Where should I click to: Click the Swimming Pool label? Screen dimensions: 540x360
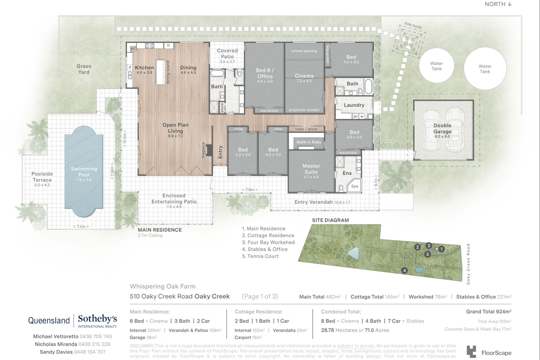point(84,172)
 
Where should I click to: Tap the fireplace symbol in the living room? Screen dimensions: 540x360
point(209,150)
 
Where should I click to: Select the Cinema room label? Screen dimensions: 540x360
point(304,76)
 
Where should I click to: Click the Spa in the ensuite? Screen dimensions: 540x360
point(354,186)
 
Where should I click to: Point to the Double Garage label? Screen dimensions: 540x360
point(442,129)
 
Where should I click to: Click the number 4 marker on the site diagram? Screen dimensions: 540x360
point(404,271)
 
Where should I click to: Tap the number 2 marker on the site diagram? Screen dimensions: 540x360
point(418,247)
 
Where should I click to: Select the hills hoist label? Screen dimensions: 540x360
point(413,25)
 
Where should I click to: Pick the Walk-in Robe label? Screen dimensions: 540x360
point(309,142)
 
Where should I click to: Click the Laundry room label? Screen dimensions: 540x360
point(354,105)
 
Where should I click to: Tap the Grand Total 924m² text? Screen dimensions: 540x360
point(489,312)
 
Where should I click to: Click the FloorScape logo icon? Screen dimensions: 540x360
point(471,352)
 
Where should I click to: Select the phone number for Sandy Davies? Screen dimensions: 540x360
point(90,352)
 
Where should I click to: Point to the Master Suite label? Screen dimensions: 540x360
point(311,169)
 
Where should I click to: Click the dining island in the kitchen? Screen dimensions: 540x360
point(161,72)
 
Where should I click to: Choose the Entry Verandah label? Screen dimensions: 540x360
point(314,202)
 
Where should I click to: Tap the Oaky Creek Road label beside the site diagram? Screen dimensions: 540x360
point(468,264)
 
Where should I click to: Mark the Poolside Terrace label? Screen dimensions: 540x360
point(42,177)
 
